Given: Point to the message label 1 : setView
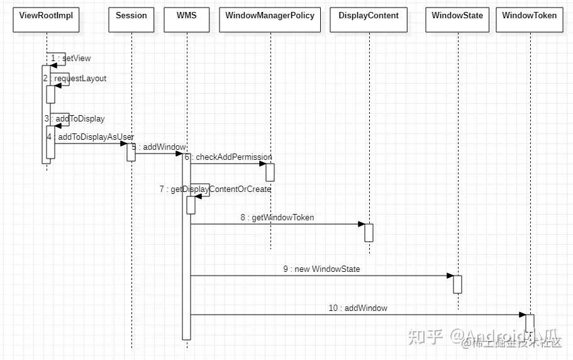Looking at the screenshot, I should tap(70, 59).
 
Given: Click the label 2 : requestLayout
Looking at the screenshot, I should tap(75, 79).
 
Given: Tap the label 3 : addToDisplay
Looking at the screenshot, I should tap(74, 119).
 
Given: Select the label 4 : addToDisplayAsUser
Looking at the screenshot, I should tap(90, 137).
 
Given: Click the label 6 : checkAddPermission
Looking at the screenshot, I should tap(228, 157).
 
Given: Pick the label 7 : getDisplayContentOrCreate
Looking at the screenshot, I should tap(215, 189).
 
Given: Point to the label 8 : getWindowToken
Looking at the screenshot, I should tap(277, 218).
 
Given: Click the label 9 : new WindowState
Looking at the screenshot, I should tap(321, 269).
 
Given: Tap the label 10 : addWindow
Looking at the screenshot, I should tap(357, 308).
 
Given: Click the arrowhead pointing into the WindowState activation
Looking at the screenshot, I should tap(450, 276).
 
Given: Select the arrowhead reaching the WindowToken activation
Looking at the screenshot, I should tap(521, 315).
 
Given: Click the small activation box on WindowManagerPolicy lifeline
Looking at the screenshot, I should tap(270, 172).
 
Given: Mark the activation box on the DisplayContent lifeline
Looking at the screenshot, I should tap(369, 232).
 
